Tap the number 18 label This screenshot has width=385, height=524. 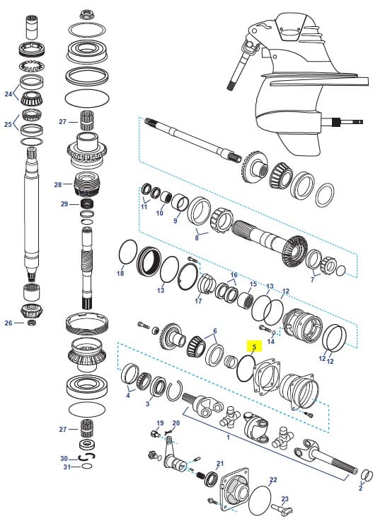click(120, 273)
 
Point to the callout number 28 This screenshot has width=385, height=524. click(57, 184)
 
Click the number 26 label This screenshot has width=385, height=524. click(8, 323)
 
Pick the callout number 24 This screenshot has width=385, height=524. click(8, 94)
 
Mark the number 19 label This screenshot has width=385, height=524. click(160, 423)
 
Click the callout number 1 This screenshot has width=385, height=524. click(227, 437)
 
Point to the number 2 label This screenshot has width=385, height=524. click(360, 489)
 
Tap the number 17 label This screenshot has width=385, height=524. click(198, 301)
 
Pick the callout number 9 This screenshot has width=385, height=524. click(176, 221)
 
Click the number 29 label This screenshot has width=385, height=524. click(64, 204)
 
